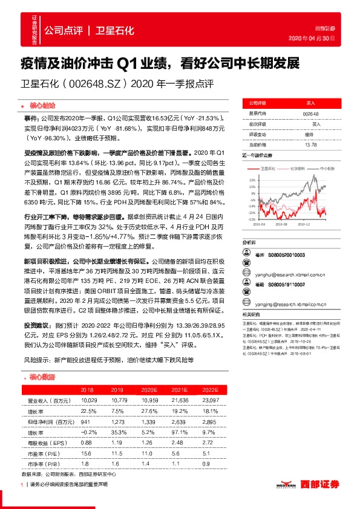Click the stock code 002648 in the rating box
coord(310,113)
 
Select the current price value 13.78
coord(310,145)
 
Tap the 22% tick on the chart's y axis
coord(252,180)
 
